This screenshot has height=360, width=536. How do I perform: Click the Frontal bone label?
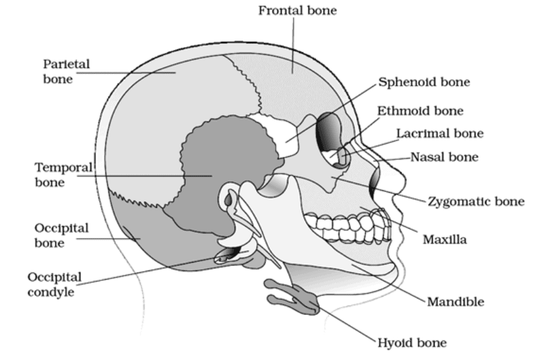297,10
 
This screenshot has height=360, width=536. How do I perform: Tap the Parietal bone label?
66,71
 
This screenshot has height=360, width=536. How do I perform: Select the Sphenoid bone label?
424,82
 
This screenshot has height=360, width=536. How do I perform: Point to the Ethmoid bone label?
420,110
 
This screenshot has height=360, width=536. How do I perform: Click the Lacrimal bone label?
440,133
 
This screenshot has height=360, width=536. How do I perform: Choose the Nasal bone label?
444,157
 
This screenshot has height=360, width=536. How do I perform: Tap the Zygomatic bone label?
476,201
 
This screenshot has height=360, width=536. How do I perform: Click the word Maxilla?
444,239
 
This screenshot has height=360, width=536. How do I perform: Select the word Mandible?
456,302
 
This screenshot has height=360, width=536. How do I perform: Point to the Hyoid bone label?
412,342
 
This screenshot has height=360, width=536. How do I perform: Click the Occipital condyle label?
54,284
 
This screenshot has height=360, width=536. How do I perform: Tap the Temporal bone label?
63,174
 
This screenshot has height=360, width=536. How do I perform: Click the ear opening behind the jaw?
228,199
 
